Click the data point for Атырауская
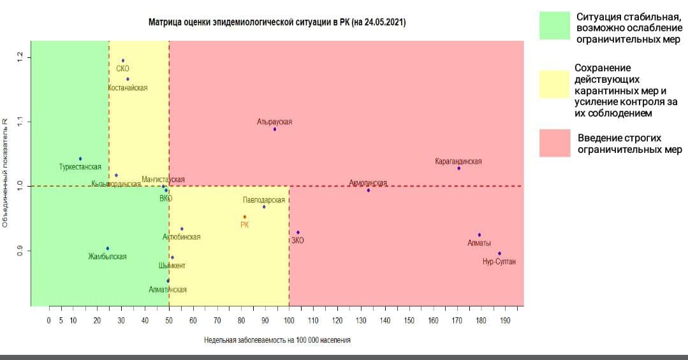coord(275,129)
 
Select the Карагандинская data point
coord(458,168)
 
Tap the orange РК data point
coord(245,217)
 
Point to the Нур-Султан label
coord(499,262)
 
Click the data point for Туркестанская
coord(80,159)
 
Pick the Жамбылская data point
coord(108,248)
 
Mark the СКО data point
coord(123,61)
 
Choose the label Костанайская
coord(128,88)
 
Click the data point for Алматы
coord(479,235)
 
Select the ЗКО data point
coord(298,233)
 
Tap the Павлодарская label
coord(264,199)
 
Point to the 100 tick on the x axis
coord(289,320)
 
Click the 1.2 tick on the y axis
coord(20,57)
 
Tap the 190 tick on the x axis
coord(505,320)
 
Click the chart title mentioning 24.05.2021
coord(277,22)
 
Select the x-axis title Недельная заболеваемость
coord(277,340)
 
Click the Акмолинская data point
coord(369,190)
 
